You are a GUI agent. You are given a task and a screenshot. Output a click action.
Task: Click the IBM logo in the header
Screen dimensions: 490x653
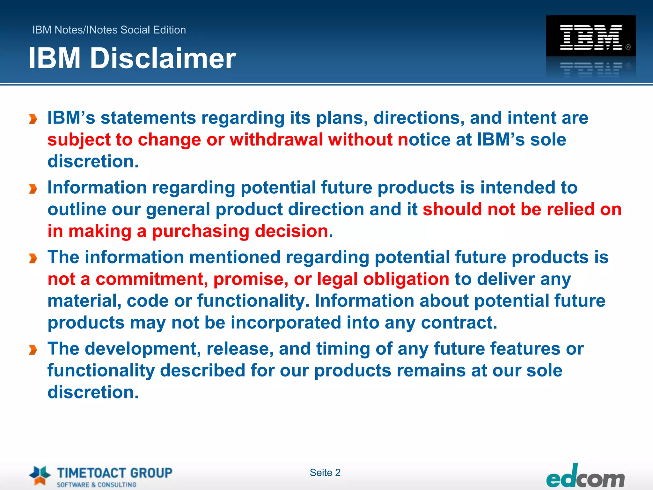point(591,37)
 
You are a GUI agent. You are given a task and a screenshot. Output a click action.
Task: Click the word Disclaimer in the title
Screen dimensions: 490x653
point(163,58)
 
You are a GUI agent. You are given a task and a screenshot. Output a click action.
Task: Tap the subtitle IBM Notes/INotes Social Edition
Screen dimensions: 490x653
point(109,30)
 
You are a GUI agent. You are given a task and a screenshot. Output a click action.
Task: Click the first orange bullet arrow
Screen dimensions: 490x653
point(33,119)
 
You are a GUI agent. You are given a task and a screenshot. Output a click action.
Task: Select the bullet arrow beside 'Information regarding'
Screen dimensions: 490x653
point(33,189)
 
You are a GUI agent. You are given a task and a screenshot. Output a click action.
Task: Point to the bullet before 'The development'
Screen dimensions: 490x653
point(33,350)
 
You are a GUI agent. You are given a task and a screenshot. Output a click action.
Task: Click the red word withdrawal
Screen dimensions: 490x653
point(276,140)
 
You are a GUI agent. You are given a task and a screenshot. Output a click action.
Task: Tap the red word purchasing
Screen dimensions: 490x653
point(201,231)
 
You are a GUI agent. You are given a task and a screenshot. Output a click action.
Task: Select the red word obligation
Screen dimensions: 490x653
point(406,279)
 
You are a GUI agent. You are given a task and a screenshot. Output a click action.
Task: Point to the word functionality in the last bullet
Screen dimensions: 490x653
point(101,371)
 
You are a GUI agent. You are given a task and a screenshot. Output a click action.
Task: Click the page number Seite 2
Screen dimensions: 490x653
point(325,472)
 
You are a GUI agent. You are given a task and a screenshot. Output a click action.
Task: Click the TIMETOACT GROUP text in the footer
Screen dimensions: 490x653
point(114,472)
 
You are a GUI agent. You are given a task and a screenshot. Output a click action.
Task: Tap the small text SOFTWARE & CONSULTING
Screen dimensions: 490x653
point(96,485)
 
